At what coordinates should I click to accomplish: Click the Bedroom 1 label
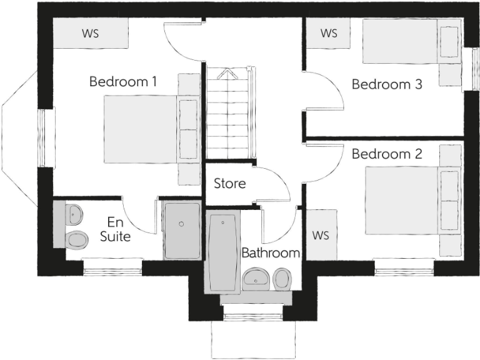coord(122,81)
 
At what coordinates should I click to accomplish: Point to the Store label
coord(229,184)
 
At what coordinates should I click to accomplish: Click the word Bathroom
coord(271,253)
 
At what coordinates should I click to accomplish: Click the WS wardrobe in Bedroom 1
coord(91,33)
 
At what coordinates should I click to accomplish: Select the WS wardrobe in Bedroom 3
coord(329,33)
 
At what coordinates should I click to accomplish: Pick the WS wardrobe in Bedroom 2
coord(321,236)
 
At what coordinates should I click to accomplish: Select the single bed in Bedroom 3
coord(400,41)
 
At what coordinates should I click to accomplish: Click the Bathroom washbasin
coord(255,278)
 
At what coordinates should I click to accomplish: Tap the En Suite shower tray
coord(182,230)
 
